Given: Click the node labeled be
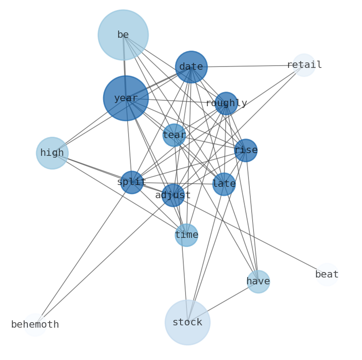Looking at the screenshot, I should click(x=123, y=35).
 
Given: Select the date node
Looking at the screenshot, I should click(x=191, y=67).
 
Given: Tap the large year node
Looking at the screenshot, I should click(x=126, y=98).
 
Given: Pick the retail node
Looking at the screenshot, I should click(x=304, y=65).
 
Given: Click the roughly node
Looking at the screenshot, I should click(x=226, y=103).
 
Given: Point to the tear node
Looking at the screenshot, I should click(x=174, y=135).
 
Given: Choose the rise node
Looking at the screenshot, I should click(x=246, y=150).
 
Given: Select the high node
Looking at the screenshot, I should click(x=52, y=153).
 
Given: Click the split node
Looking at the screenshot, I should click(x=132, y=182).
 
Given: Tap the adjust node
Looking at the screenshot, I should click(x=173, y=195).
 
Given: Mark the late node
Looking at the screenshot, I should click(x=224, y=184).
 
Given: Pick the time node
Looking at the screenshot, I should click(x=186, y=235).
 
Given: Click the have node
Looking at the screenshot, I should click(x=259, y=282).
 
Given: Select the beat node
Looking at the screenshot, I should click(x=327, y=275).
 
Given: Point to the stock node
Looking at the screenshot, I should click(x=187, y=323).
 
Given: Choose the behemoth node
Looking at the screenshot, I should click(x=35, y=325).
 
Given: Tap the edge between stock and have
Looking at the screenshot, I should click(x=223, y=302).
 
